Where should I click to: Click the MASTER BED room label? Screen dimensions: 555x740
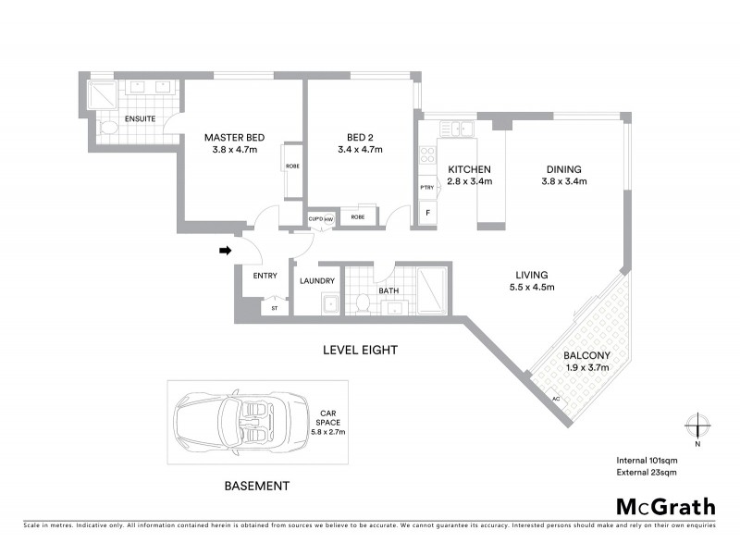tap(228, 139)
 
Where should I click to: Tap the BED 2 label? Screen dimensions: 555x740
tap(360, 139)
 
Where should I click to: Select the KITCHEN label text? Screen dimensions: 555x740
tap(469, 170)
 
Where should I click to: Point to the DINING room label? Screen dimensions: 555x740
tap(563, 169)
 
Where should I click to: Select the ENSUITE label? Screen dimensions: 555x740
tap(140, 118)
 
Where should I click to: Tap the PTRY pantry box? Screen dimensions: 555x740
tap(426, 188)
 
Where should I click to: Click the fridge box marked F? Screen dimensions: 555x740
tap(427, 212)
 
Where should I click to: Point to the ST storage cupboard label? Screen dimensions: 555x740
tap(274, 309)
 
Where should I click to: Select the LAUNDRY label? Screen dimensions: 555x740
tap(317, 279)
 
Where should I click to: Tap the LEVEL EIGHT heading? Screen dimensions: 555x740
tap(360, 351)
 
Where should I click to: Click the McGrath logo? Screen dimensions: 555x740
tap(665, 506)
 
